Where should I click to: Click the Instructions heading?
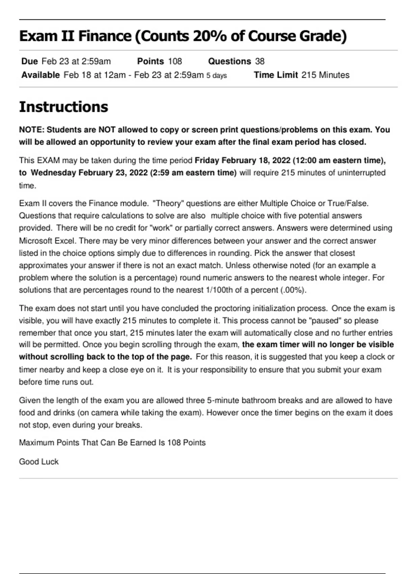point(63,107)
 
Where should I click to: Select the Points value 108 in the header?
point(175,61)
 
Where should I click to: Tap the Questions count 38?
point(260,61)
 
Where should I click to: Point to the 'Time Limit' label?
point(276,75)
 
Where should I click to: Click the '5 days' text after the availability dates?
point(217,75)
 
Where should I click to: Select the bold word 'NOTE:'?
point(31,130)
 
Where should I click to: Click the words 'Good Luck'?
point(38,462)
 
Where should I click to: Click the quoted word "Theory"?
point(168,203)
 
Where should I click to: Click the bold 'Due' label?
point(29,61)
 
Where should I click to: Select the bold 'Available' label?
point(40,75)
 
